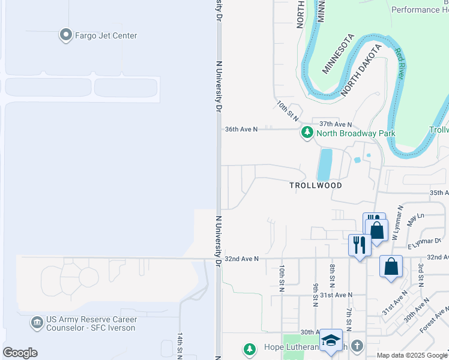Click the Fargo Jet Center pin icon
pos(65,35)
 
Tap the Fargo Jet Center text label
pos(106,35)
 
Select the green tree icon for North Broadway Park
pos(307,133)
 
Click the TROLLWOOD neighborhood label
pos(316,185)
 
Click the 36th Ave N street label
pos(241,129)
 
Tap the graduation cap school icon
pos(331,340)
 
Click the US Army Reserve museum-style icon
pos(37,323)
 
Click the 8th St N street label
pos(332,276)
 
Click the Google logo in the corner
pos(20,352)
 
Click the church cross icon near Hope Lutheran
pos(357,346)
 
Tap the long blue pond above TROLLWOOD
pos(324,164)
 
